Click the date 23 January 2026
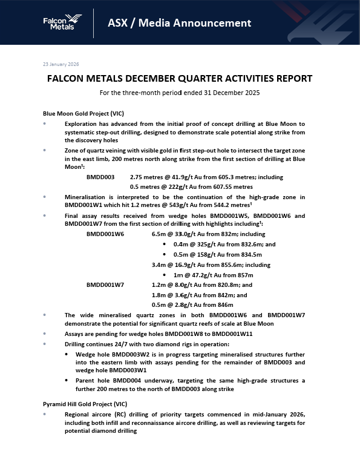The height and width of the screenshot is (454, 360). coord(61,64)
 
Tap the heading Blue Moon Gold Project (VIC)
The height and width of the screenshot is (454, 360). coord(83,113)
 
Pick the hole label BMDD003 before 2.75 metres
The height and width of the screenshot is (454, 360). coord(100,177)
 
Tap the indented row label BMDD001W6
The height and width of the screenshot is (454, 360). coord(105,233)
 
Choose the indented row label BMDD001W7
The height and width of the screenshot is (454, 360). coord(105,284)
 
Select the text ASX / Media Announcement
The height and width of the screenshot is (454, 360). coord(179,23)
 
